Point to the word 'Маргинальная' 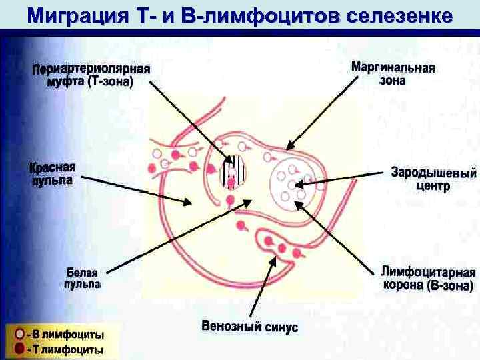[393, 68]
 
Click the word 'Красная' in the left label [53, 167]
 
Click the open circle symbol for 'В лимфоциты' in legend [21, 333]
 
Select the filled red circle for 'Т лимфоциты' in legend [21, 349]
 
